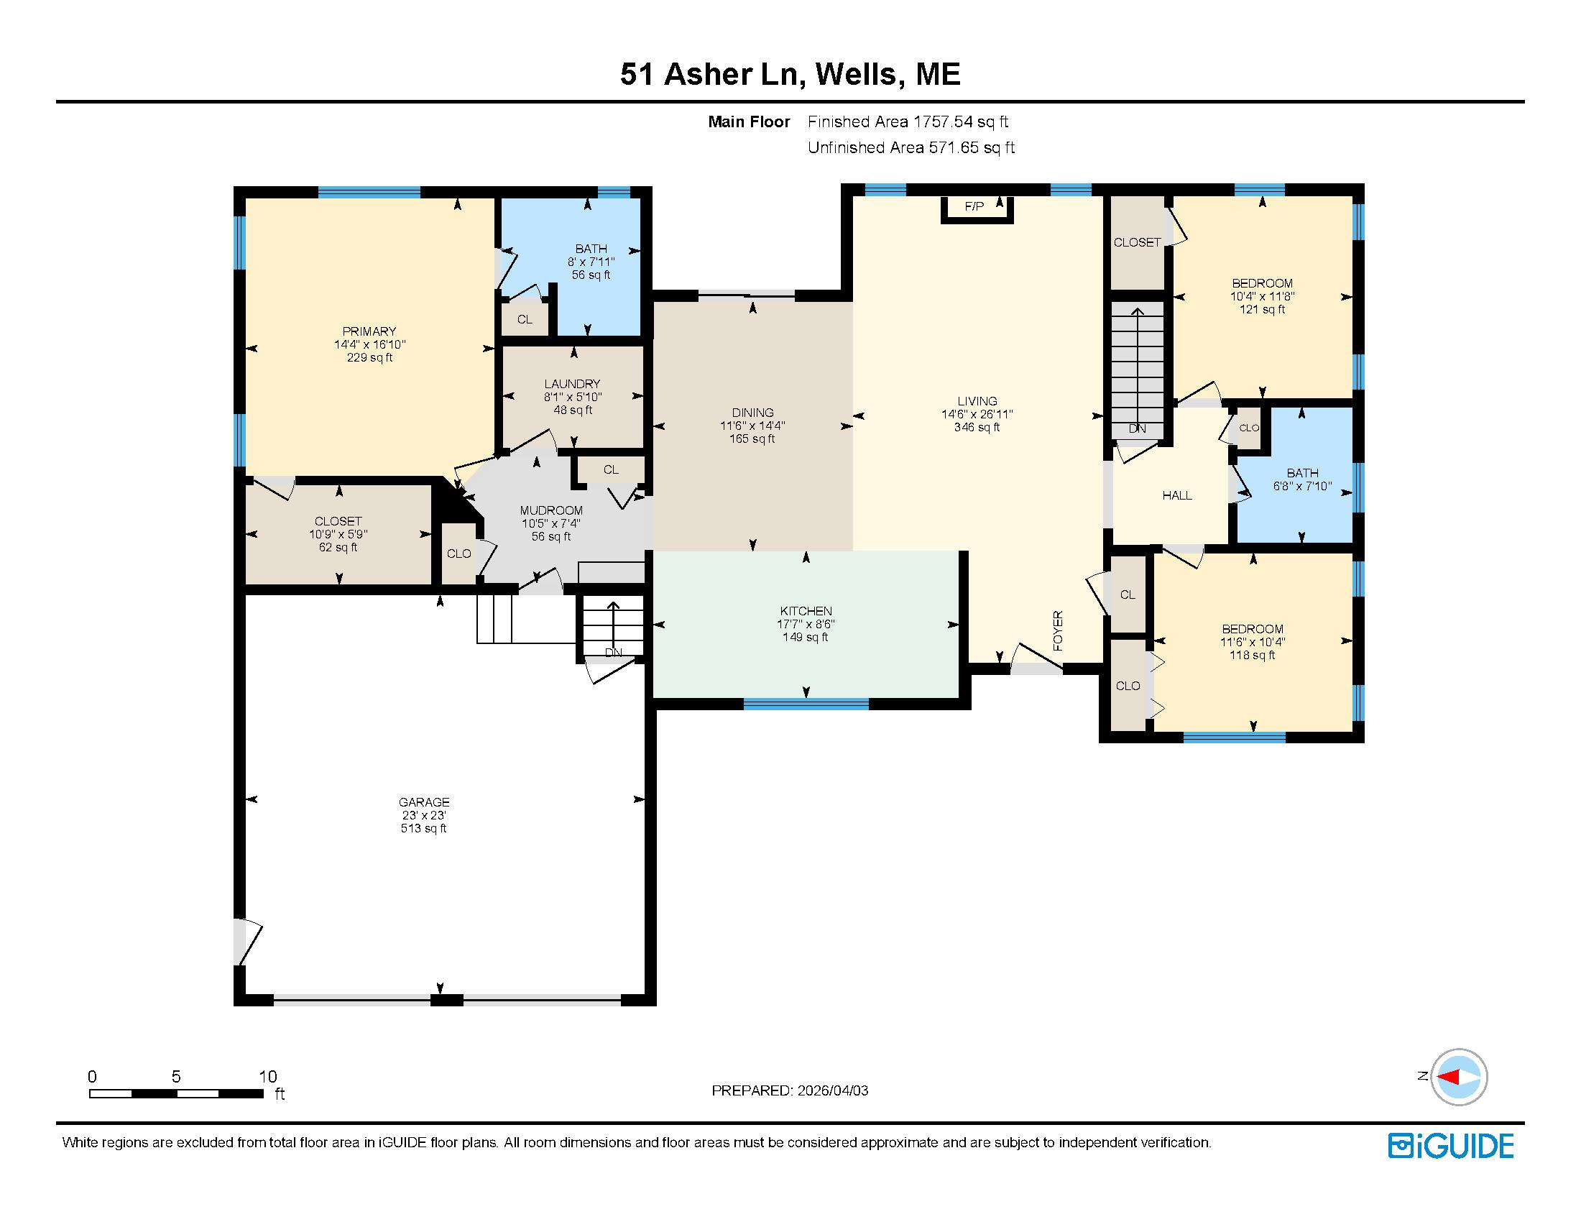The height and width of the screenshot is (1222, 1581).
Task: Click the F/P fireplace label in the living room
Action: [974, 206]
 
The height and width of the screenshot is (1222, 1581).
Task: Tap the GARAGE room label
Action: [423, 801]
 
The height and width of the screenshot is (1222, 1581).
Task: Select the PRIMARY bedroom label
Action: [369, 331]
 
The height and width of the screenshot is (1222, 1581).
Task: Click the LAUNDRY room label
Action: [572, 384]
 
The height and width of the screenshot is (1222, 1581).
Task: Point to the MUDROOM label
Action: [551, 510]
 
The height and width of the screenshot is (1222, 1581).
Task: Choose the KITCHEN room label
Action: [806, 611]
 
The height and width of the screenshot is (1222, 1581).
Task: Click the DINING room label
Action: [752, 413]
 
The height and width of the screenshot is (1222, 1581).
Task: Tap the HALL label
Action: [1176, 495]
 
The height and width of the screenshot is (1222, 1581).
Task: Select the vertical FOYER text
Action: [1058, 630]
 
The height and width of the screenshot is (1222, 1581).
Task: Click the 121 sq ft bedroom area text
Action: [1262, 309]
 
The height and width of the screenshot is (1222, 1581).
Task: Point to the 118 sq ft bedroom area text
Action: [1252, 655]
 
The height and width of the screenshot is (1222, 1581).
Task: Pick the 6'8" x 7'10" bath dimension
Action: [1301, 486]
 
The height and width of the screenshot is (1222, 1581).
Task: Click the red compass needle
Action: [1447, 1078]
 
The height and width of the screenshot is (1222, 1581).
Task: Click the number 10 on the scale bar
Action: [268, 1077]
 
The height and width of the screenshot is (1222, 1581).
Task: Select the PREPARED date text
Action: [789, 1090]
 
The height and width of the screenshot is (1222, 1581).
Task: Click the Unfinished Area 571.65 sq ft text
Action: [911, 147]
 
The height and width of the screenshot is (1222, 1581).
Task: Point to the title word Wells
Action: [858, 74]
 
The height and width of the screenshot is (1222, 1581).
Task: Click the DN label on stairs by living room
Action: [1137, 428]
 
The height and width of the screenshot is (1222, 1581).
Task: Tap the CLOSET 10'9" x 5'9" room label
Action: [338, 521]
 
